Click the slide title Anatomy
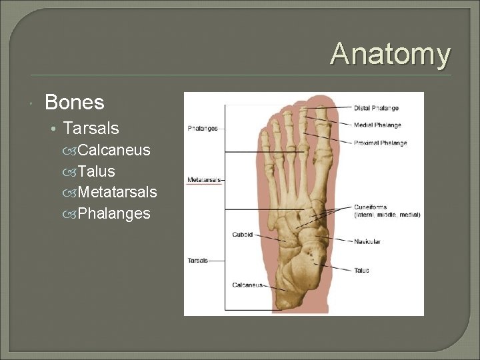coord(390,54)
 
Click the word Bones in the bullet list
coord(74,103)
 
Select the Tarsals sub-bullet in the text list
coord(91,128)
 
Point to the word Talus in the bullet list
coord(96,171)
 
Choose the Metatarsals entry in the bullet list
coord(117,193)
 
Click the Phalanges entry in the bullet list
coord(113,214)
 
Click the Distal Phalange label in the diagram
coord(376,108)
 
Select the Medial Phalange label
coord(377,125)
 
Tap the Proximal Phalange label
coord(380,143)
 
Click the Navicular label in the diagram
coord(367,241)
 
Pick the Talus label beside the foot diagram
coord(361,271)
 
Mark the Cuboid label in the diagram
coord(242,235)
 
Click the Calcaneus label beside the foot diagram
coord(247,285)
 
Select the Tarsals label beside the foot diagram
coord(197,261)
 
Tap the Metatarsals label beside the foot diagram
coord(203,179)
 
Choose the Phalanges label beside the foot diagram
coord(203,129)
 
